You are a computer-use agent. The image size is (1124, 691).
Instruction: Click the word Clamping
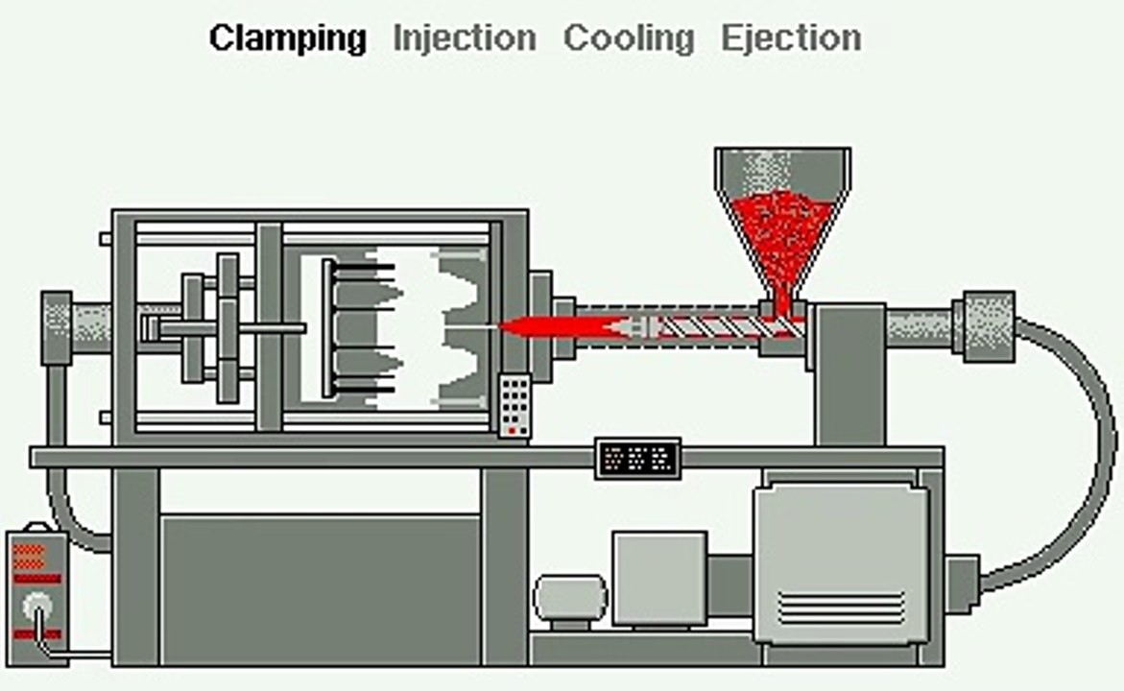[287, 38]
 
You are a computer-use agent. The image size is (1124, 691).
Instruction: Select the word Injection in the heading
[465, 38]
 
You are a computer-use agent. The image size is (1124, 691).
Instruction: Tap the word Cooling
[629, 38]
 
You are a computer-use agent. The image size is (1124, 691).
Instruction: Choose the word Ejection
[791, 38]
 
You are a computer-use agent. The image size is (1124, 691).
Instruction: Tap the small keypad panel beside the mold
[514, 405]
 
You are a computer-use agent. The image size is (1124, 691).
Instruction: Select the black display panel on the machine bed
[638, 458]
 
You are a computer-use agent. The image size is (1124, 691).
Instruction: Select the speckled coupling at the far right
[984, 327]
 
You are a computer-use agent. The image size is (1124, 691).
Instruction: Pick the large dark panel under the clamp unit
[321, 589]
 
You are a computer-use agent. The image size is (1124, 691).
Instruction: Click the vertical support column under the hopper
[850, 375]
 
